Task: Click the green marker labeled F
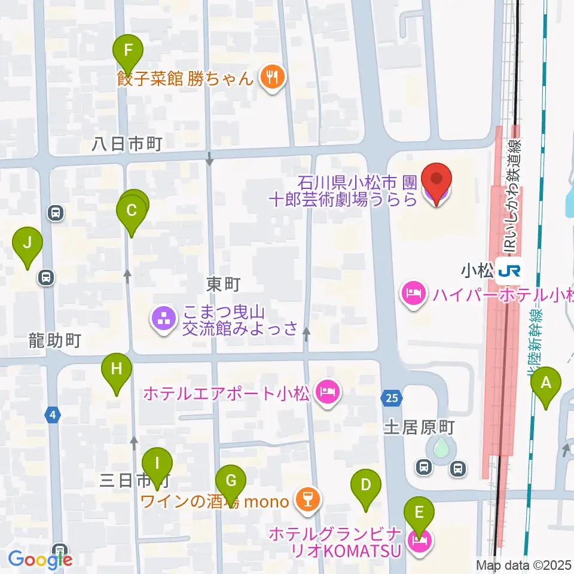127,50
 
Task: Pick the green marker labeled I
157,464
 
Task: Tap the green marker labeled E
419,513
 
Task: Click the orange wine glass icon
308,501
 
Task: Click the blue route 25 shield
390,396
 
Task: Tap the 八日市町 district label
127,143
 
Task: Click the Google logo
40,560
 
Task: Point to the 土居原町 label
419,428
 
